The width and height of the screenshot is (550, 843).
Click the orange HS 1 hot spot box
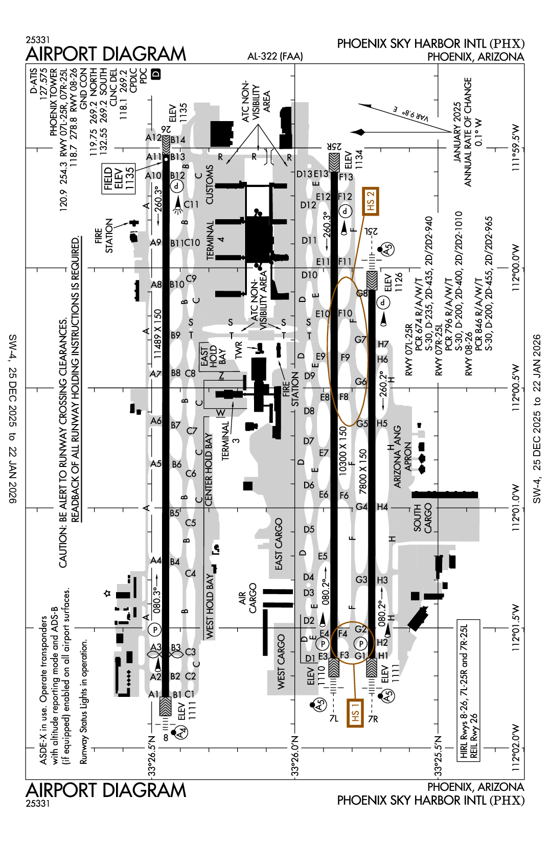(355, 712)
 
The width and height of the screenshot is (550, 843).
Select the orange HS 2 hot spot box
(371, 201)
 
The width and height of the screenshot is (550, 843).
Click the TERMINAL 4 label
(215, 240)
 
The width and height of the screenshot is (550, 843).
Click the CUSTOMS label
(210, 184)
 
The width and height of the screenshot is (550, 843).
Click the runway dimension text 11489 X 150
(157, 333)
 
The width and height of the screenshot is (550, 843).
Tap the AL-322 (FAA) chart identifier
(275, 56)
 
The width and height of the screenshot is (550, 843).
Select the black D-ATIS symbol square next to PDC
(156, 74)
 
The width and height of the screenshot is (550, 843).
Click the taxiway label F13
(346, 177)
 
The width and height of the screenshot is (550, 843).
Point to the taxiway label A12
(153, 137)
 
